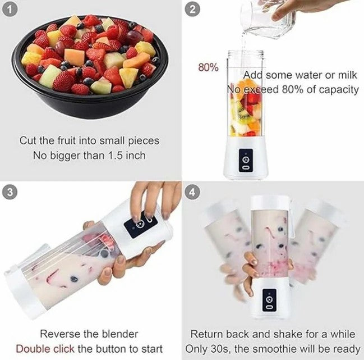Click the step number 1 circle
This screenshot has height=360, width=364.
[10, 10]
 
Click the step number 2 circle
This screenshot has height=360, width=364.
[192, 10]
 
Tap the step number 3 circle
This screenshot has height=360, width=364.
[10, 193]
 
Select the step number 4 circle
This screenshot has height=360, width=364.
[192, 193]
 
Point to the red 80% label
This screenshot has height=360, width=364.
[208, 67]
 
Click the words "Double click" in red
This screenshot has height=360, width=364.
[45, 349]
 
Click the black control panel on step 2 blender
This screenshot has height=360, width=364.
[246, 161]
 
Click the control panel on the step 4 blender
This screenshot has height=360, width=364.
[269, 300]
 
